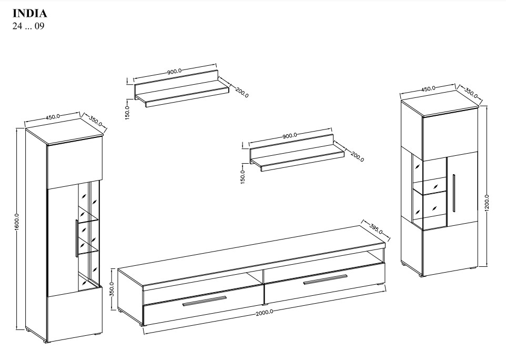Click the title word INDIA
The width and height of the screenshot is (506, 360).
[29, 14]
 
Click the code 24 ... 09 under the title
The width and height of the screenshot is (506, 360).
[28, 26]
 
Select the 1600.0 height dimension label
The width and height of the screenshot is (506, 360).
[17, 222]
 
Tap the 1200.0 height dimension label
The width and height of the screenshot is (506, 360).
[487, 203]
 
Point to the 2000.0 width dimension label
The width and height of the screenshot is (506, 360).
[265, 313]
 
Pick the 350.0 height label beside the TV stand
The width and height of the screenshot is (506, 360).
[112, 289]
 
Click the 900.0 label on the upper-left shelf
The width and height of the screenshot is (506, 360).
[174, 72]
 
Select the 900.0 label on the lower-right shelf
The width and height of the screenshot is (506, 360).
[289, 136]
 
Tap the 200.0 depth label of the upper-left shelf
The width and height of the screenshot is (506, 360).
[242, 92]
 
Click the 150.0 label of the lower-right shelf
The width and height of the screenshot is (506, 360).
[243, 177]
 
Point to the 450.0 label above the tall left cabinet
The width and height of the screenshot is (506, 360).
[53, 116]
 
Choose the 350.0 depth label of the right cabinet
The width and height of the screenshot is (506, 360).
[471, 93]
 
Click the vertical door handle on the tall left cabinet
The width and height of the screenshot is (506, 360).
[76, 238]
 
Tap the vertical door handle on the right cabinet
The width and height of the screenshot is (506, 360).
[454, 193]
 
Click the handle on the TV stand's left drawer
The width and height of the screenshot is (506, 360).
[205, 301]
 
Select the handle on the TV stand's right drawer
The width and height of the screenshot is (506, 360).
[325, 279]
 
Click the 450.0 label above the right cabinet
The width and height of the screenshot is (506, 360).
[428, 88]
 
